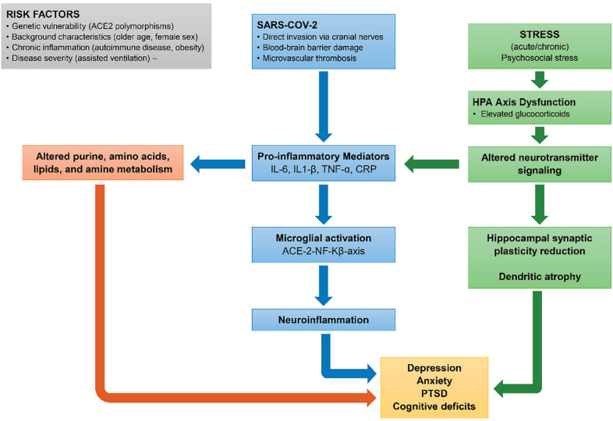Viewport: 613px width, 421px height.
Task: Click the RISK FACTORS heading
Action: [x=43, y=14]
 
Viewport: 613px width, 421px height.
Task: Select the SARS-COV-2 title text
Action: [x=287, y=25]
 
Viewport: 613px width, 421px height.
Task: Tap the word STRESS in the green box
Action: [x=540, y=34]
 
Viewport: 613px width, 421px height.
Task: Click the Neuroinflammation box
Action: [x=324, y=320]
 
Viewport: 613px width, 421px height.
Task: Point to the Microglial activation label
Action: [x=324, y=238]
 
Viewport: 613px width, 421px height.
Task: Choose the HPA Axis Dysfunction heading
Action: [x=524, y=102]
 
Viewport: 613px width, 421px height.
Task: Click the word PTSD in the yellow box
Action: [x=434, y=393]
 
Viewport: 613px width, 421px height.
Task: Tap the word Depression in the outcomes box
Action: [x=434, y=368]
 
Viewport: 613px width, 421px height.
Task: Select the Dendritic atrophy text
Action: [x=540, y=277]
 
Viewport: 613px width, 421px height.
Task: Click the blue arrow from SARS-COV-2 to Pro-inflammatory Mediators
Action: [x=324, y=106]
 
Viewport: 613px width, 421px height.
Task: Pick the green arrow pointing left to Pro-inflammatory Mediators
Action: [x=431, y=164]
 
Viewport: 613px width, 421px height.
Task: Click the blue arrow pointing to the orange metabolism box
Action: [x=218, y=164]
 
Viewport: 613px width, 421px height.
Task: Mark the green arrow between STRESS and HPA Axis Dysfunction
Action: [x=540, y=80]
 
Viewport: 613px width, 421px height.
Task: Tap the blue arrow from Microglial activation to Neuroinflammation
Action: [x=324, y=285]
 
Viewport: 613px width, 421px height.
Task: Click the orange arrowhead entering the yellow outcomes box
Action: [x=371, y=398]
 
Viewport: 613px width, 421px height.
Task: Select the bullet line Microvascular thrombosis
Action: [x=306, y=58]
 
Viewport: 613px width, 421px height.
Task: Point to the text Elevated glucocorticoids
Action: [x=521, y=114]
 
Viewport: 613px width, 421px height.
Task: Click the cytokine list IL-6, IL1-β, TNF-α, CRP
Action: [x=324, y=170]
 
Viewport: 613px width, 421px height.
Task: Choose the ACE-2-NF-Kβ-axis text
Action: [x=324, y=251]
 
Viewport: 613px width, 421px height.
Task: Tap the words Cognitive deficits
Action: [x=434, y=406]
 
